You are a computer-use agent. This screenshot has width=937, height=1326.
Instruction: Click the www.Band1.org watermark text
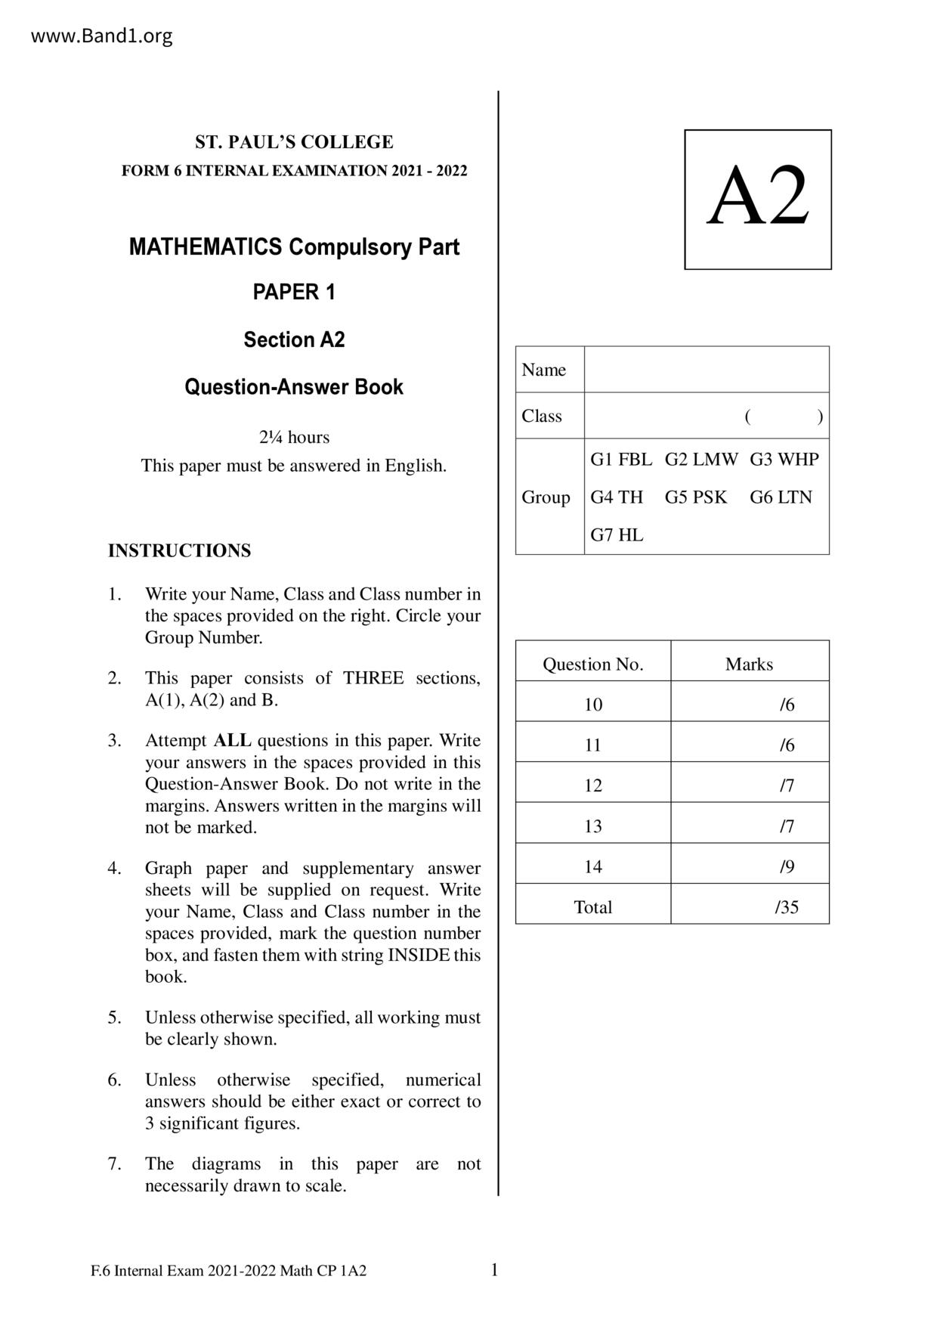[101, 36]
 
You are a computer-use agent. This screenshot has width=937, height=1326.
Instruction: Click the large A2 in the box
[758, 197]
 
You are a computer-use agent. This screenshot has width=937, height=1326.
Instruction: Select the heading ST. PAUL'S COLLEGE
[294, 142]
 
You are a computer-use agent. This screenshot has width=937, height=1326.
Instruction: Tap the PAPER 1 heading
[294, 293]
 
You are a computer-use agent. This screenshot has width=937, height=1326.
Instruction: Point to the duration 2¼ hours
[294, 437]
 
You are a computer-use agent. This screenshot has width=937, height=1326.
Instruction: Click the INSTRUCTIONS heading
[179, 550]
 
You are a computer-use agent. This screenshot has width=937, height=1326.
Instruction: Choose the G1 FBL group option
[620, 460]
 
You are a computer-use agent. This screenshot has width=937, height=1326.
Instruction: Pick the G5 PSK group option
[695, 497]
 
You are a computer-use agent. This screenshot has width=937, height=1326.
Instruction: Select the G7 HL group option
[617, 535]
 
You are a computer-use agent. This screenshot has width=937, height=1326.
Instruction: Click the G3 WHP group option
[784, 460]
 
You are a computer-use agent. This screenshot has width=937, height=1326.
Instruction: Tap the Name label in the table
[543, 370]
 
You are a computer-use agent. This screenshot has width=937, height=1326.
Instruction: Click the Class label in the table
[542, 416]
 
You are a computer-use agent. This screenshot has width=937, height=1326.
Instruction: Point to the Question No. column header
[592, 665]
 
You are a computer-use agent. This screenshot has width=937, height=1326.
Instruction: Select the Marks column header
[749, 665]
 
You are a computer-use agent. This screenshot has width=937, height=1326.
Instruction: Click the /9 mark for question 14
[787, 866]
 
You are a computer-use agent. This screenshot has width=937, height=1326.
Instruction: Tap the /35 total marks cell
[786, 907]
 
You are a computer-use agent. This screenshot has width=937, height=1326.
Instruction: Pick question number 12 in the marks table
[592, 785]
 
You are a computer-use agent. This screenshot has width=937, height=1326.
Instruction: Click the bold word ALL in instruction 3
[233, 740]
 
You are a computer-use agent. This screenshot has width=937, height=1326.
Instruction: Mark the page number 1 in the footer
[495, 1270]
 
